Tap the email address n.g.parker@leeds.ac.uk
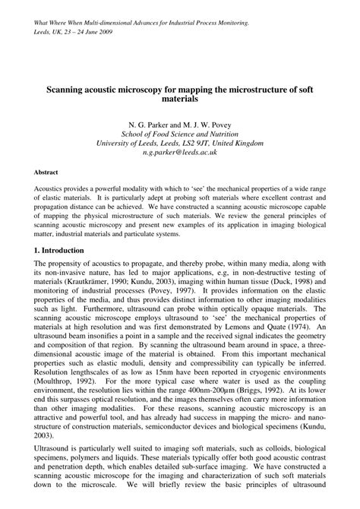[x=179, y=153]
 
